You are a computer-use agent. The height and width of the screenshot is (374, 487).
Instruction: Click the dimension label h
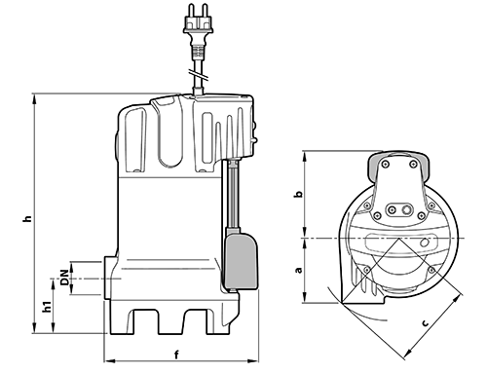click(x=28, y=218)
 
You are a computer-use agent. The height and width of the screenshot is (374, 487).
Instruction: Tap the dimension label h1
click(x=48, y=307)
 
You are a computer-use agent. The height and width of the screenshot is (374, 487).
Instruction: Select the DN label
click(x=65, y=278)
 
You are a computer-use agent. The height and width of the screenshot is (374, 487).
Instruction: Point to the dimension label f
click(x=176, y=355)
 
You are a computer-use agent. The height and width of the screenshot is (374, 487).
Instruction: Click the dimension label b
click(x=298, y=194)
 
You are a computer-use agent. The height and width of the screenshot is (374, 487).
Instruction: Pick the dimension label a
click(x=298, y=270)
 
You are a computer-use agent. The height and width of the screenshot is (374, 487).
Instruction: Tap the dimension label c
click(x=425, y=323)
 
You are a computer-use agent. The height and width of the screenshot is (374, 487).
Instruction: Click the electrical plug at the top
click(x=198, y=23)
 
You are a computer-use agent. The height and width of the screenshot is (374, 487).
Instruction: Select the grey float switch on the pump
click(x=242, y=258)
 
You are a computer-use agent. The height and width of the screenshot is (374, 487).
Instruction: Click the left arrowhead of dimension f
click(x=109, y=360)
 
